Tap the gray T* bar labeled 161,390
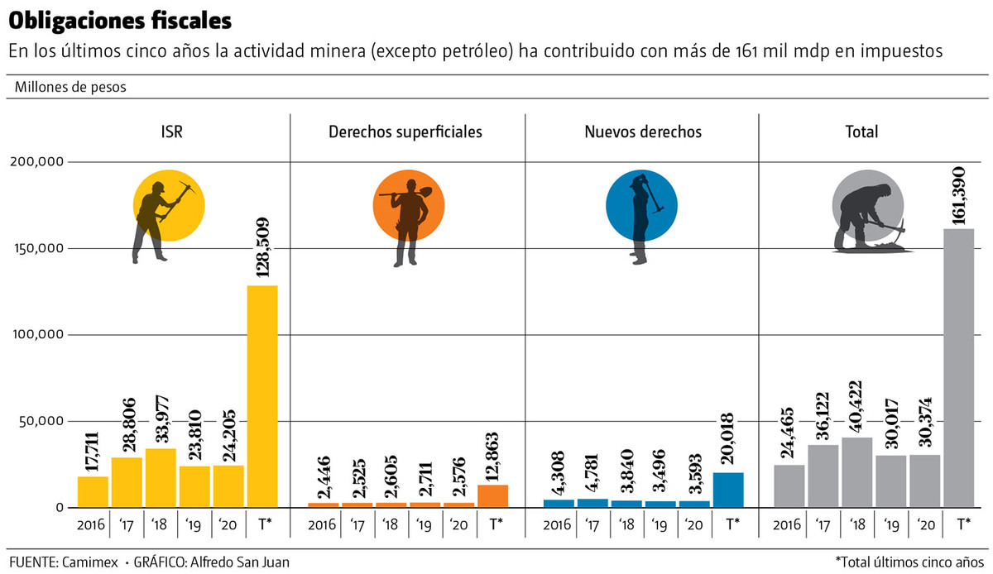pos(958,367)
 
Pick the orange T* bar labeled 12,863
pos(493,495)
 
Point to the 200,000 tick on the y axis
pos(36,162)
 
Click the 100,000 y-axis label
pos(36,335)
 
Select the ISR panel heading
pos(173,132)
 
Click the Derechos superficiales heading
pos(405,132)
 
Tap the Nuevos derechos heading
pos(643,132)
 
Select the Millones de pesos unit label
pos(71,87)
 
